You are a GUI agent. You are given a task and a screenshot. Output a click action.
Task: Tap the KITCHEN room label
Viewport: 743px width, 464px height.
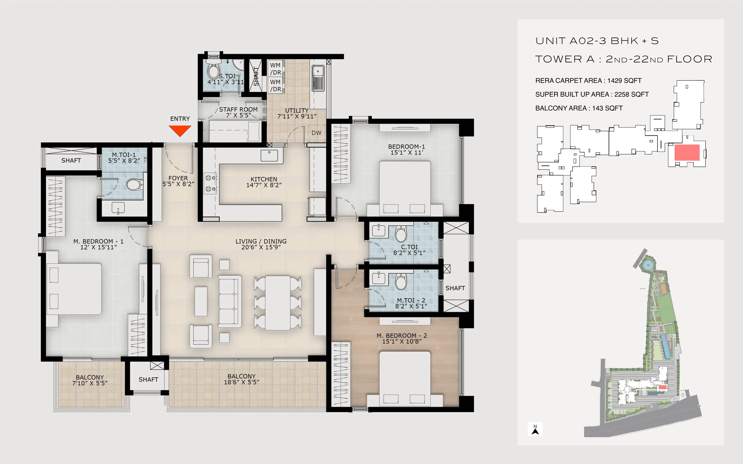pos(264,179)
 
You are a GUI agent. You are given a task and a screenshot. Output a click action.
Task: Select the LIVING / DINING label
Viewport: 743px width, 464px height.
pos(261,242)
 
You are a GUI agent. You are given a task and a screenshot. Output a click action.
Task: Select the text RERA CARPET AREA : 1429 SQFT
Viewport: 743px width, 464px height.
pos(588,81)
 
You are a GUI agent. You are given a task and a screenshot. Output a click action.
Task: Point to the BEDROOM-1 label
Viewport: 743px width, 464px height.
pos(406,147)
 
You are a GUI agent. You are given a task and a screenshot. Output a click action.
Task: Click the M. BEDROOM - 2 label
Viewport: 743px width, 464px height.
pos(402,336)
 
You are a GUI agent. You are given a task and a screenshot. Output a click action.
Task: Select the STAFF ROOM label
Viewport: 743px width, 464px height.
pos(238,110)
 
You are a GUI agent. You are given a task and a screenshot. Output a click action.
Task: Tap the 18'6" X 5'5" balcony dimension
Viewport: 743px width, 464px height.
pos(242,382)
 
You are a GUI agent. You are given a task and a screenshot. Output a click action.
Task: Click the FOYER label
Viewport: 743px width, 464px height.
pos(178,178)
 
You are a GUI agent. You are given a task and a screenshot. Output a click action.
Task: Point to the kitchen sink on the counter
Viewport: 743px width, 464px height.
pos(269,156)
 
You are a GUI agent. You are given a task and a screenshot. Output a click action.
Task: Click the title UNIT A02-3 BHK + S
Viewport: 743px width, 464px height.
pos(597,41)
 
